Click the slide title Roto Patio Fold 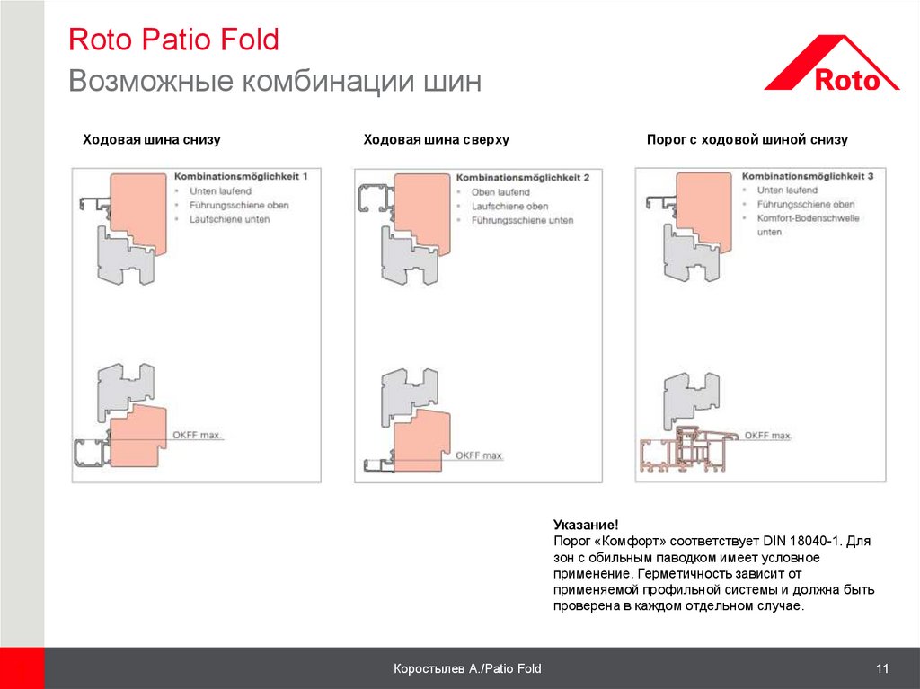point(173,40)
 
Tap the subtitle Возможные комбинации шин point(275,82)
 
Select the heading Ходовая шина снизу point(152,140)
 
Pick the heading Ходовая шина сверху point(436,140)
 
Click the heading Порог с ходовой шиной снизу point(747,140)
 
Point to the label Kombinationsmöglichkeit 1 point(240,177)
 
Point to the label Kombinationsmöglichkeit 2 point(522,178)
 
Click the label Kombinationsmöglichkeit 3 point(808,177)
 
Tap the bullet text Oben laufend point(500,192)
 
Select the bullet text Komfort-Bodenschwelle point(808,218)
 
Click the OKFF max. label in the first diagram point(196,436)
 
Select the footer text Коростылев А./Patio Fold point(467,668)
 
